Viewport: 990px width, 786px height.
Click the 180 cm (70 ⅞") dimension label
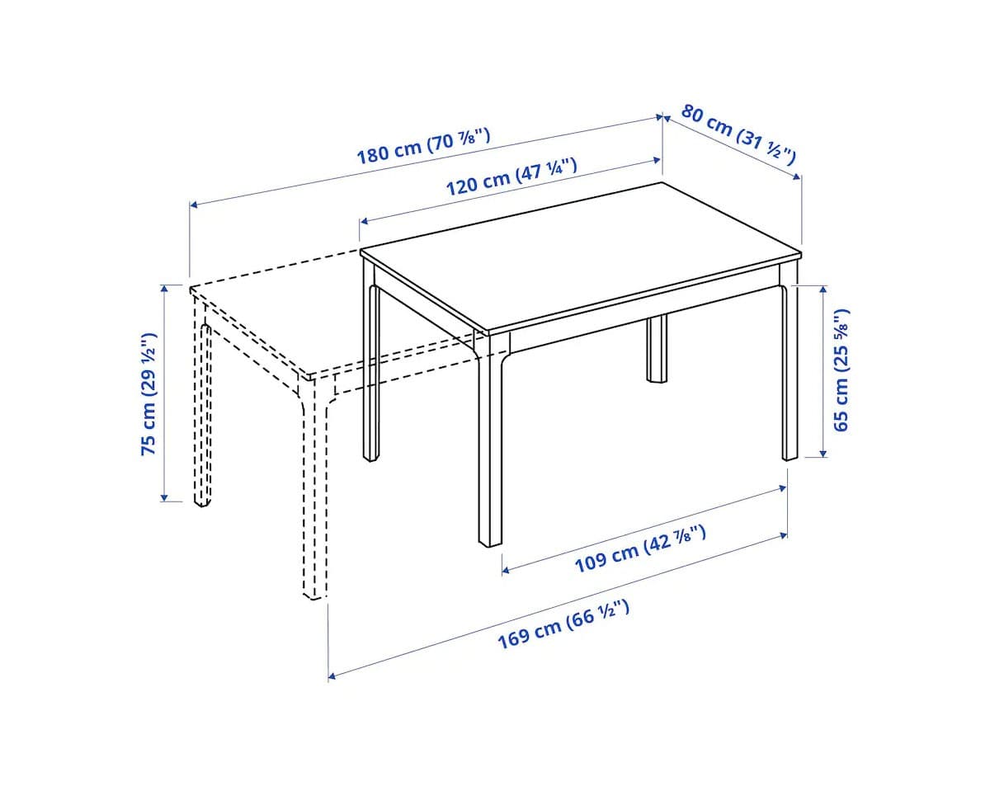click(x=423, y=146)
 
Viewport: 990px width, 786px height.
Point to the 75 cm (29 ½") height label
click(x=148, y=394)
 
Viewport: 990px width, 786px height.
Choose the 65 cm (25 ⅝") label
click(x=841, y=370)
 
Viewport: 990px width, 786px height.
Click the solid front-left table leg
click(x=490, y=445)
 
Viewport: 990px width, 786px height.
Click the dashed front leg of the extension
click(x=313, y=495)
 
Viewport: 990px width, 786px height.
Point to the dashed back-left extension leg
click(x=201, y=412)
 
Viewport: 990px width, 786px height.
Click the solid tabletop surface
click(x=577, y=256)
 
